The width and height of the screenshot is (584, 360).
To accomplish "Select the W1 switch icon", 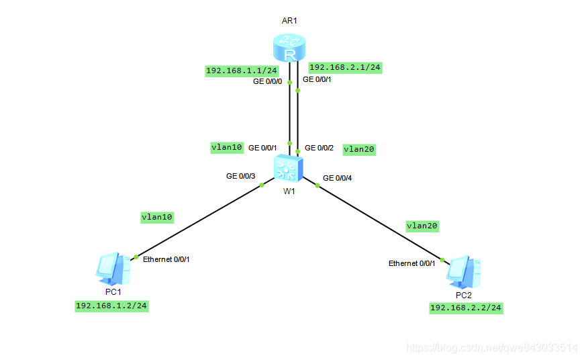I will [289, 168].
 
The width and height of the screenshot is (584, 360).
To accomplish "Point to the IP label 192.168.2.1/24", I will [345, 67].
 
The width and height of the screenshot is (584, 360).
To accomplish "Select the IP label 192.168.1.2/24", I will [111, 306].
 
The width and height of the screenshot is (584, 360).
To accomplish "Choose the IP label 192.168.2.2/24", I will [466, 308].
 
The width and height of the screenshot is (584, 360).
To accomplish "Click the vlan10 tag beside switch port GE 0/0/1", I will [226, 147].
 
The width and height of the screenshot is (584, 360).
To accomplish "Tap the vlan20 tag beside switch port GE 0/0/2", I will [359, 149].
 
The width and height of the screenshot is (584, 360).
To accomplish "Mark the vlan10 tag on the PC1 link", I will [157, 217].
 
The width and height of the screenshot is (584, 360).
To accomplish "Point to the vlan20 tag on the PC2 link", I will [423, 226].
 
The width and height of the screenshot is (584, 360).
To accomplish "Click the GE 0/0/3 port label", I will [241, 176].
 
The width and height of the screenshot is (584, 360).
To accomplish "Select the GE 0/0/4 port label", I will [337, 178].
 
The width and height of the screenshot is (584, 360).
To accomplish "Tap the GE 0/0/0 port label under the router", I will [267, 81].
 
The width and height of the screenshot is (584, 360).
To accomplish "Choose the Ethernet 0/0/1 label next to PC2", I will [412, 263].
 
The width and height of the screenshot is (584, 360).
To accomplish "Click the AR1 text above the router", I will [289, 21].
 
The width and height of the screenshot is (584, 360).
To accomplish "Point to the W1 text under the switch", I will [289, 191].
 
